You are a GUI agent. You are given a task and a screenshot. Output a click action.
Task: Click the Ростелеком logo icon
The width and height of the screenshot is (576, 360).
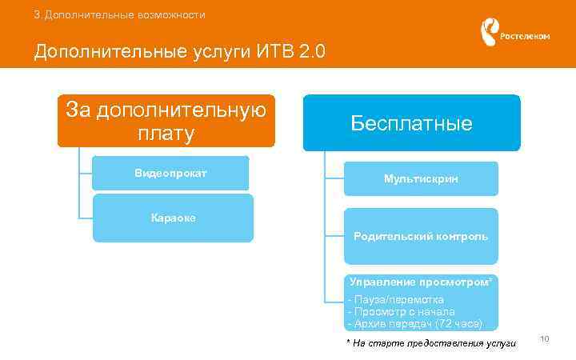click(x=488, y=32)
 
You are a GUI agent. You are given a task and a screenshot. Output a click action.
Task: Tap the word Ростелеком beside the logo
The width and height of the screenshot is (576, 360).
click(x=525, y=37)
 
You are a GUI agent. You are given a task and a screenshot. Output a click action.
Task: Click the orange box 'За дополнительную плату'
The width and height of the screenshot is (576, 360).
click(x=166, y=121)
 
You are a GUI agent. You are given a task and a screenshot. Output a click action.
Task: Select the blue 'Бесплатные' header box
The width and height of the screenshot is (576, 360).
click(x=411, y=122)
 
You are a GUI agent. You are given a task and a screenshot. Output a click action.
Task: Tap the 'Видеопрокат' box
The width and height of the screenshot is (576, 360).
click(x=170, y=173)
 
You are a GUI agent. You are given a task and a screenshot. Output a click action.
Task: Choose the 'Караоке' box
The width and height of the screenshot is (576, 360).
click(x=173, y=218)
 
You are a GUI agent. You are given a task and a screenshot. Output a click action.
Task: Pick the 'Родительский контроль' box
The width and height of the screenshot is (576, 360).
click(x=421, y=237)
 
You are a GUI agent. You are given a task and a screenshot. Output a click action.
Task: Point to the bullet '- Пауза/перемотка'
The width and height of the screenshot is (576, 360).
click(x=396, y=299)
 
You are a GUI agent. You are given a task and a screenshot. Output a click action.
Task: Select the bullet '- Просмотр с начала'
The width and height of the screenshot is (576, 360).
click(x=402, y=311)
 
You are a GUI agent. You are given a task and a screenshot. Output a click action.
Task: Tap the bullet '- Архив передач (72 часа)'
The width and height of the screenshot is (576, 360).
click(x=415, y=323)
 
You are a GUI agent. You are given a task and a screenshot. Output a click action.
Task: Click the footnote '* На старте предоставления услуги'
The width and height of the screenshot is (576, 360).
click(x=431, y=343)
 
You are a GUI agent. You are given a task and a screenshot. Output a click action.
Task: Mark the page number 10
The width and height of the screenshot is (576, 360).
click(x=545, y=340)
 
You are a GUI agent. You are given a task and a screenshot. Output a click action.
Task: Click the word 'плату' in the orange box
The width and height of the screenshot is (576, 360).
click(x=166, y=134)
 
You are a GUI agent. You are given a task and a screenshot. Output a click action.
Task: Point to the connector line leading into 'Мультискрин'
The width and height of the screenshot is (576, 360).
click(x=334, y=178)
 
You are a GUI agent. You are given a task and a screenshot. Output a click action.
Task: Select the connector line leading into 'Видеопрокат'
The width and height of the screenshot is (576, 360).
click(x=86, y=173)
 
